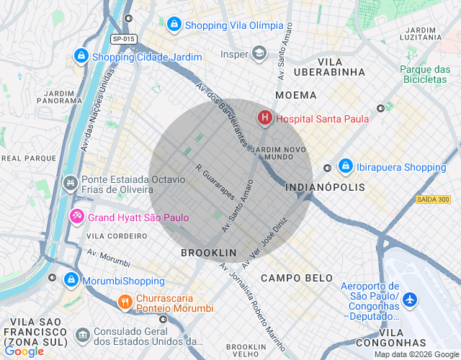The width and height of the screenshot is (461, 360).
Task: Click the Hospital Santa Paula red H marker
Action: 265,117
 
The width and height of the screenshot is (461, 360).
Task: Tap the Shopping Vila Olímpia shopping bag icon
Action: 174,25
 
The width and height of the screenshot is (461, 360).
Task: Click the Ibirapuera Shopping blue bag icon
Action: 345,166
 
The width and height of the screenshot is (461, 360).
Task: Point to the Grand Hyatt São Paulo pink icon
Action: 77,216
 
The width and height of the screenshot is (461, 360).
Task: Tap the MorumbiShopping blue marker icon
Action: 71,279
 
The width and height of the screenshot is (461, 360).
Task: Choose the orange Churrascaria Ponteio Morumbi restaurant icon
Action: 125,302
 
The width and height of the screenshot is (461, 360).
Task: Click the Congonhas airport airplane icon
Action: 409,299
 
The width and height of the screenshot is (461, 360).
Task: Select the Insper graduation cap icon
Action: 259,53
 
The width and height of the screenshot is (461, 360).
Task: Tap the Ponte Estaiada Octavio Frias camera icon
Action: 71,184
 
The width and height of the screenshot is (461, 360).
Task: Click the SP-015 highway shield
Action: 124,38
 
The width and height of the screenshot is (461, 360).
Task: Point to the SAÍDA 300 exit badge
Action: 433,199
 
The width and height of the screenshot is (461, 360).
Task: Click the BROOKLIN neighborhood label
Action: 208,253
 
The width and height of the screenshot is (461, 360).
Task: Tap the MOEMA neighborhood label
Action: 295,95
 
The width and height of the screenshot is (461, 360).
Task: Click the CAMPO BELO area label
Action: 297,278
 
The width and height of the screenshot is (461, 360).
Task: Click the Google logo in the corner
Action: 23,351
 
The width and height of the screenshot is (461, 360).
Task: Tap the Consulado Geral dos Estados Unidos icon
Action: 82,335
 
